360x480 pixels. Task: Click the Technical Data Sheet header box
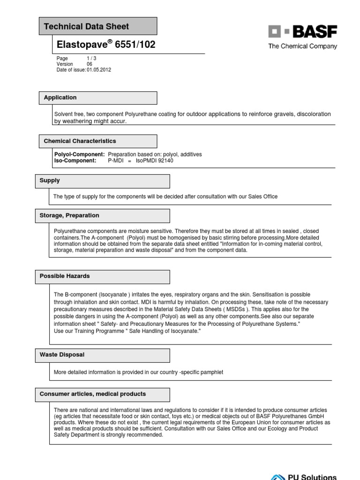click(98, 26)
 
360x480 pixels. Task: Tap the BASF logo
click(302, 32)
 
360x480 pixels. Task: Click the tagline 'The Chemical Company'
click(302, 46)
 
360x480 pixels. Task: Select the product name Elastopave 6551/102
click(106, 45)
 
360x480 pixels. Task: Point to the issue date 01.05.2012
click(99, 70)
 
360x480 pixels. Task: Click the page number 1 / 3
click(91, 59)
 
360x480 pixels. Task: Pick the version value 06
click(90, 64)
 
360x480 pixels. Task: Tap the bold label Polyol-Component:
click(80, 154)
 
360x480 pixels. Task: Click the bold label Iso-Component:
click(75, 160)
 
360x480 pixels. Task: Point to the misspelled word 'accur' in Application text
click(118, 121)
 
